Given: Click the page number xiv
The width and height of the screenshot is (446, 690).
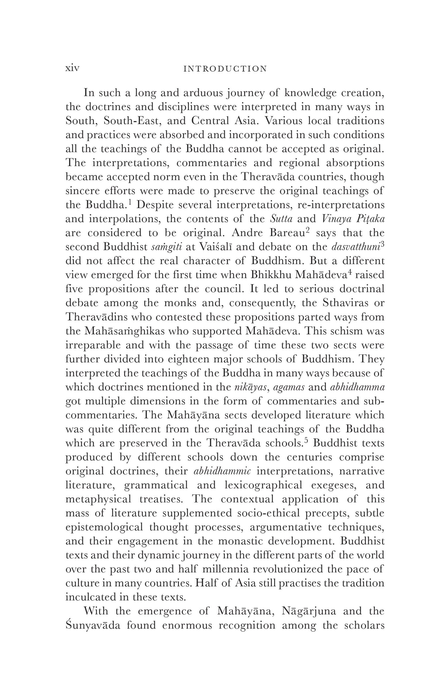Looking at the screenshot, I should (x=72, y=68).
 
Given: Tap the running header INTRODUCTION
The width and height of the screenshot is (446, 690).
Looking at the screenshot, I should (x=225, y=69).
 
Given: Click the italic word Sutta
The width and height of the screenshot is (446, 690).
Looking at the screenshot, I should (x=281, y=219).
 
